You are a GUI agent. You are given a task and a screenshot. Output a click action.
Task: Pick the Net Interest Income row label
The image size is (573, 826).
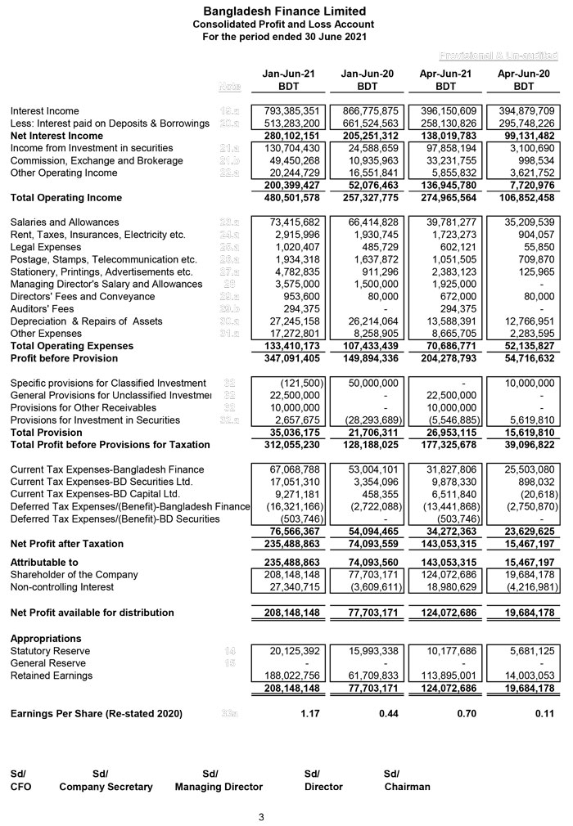coord(56,136)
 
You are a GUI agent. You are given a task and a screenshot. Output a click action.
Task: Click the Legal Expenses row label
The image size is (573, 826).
coord(45,247)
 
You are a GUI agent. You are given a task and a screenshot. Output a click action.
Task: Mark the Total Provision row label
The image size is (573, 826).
coord(46,433)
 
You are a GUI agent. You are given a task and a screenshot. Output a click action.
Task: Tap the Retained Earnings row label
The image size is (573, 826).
coord(51,676)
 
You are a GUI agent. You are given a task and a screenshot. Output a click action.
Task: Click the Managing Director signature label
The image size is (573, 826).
coord(219,787)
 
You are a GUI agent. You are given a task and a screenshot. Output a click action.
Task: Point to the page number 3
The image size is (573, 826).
coord(261,817)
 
